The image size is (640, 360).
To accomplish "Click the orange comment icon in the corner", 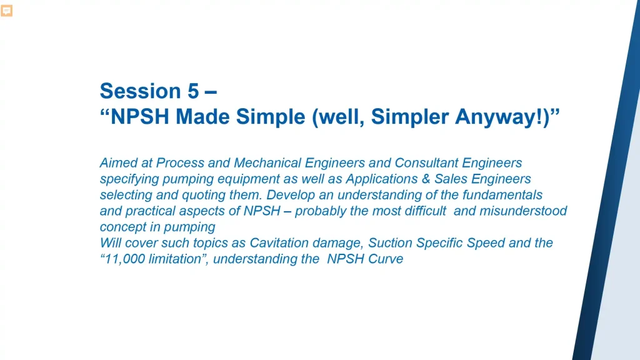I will pos(7,11).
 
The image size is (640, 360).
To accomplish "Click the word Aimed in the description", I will pos(117,163).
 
